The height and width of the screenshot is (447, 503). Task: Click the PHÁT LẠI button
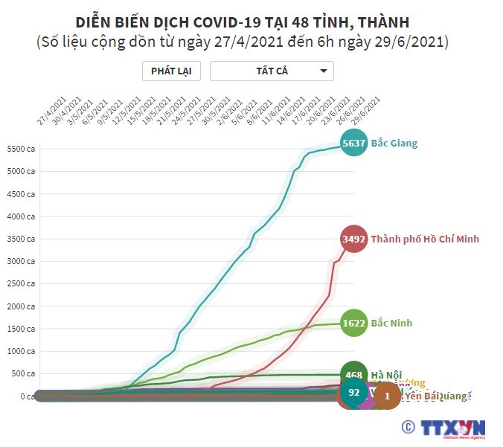[171, 71]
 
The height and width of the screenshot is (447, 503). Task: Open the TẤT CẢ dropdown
[272, 71]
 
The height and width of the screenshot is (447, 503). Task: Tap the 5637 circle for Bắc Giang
[353, 143]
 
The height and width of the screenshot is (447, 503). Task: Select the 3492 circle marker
[353, 239]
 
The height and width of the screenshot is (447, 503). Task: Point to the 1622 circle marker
[353, 323]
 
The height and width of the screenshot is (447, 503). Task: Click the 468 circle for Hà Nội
[353, 374]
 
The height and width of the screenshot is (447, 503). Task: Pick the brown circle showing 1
[387, 396]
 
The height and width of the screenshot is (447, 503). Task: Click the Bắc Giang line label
[394, 143]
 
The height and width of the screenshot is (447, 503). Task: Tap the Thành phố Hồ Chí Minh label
[425, 239]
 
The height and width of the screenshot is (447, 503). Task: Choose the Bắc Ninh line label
[391, 323]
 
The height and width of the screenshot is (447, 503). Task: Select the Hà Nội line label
[388, 374]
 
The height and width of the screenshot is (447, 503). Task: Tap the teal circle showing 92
[354, 392]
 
